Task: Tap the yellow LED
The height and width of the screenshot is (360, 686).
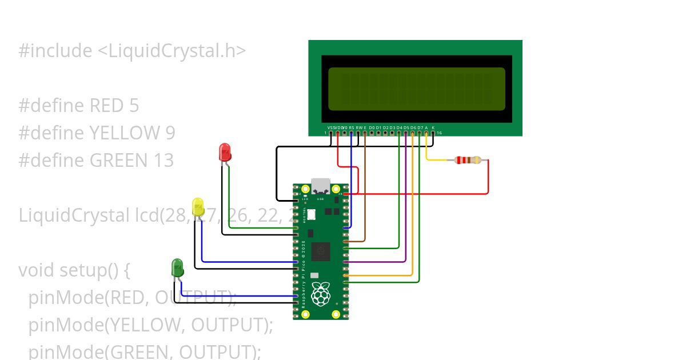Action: (x=198, y=207)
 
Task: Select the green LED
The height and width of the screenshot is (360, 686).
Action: (x=177, y=267)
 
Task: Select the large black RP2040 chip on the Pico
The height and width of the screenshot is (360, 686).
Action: (x=321, y=250)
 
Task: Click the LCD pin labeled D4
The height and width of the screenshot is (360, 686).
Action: (x=399, y=133)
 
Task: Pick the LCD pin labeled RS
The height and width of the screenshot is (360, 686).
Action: (x=351, y=133)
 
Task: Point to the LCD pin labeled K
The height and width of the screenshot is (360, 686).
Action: (x=433, y=133)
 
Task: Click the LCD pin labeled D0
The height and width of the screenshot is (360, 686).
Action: (x=372, y=133)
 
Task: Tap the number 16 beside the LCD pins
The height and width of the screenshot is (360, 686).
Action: (x=439, y=133)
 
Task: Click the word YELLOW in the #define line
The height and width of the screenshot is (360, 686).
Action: (x=124, y=133)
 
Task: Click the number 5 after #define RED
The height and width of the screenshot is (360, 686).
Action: (x=134, y=106)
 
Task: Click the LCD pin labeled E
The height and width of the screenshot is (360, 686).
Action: (x=365, y=133)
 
